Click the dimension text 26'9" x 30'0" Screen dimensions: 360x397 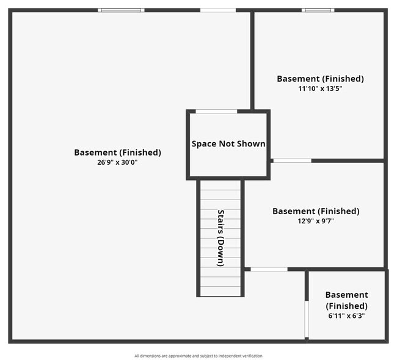117,162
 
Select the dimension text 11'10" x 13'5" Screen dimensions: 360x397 320,88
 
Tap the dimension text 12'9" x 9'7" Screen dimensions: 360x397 315,221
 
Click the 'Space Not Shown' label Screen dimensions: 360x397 228,144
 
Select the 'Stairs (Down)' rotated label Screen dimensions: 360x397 220,238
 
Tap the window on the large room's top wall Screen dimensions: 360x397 122,10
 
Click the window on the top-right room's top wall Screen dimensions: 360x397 318,10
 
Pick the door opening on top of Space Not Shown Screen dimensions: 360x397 216,111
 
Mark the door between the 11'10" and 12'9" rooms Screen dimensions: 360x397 291,160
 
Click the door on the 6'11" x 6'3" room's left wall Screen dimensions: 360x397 307,319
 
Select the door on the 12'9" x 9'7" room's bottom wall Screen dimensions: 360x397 269,269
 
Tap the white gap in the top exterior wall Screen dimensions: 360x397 218,10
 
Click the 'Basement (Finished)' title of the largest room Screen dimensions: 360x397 117,153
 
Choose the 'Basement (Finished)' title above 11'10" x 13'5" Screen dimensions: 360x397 320,79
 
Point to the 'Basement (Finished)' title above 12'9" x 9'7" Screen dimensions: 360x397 315,211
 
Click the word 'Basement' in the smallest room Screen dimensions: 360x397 346,295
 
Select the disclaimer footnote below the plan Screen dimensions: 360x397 198,356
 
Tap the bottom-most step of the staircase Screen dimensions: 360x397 220,291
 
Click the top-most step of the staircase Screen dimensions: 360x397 220,186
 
